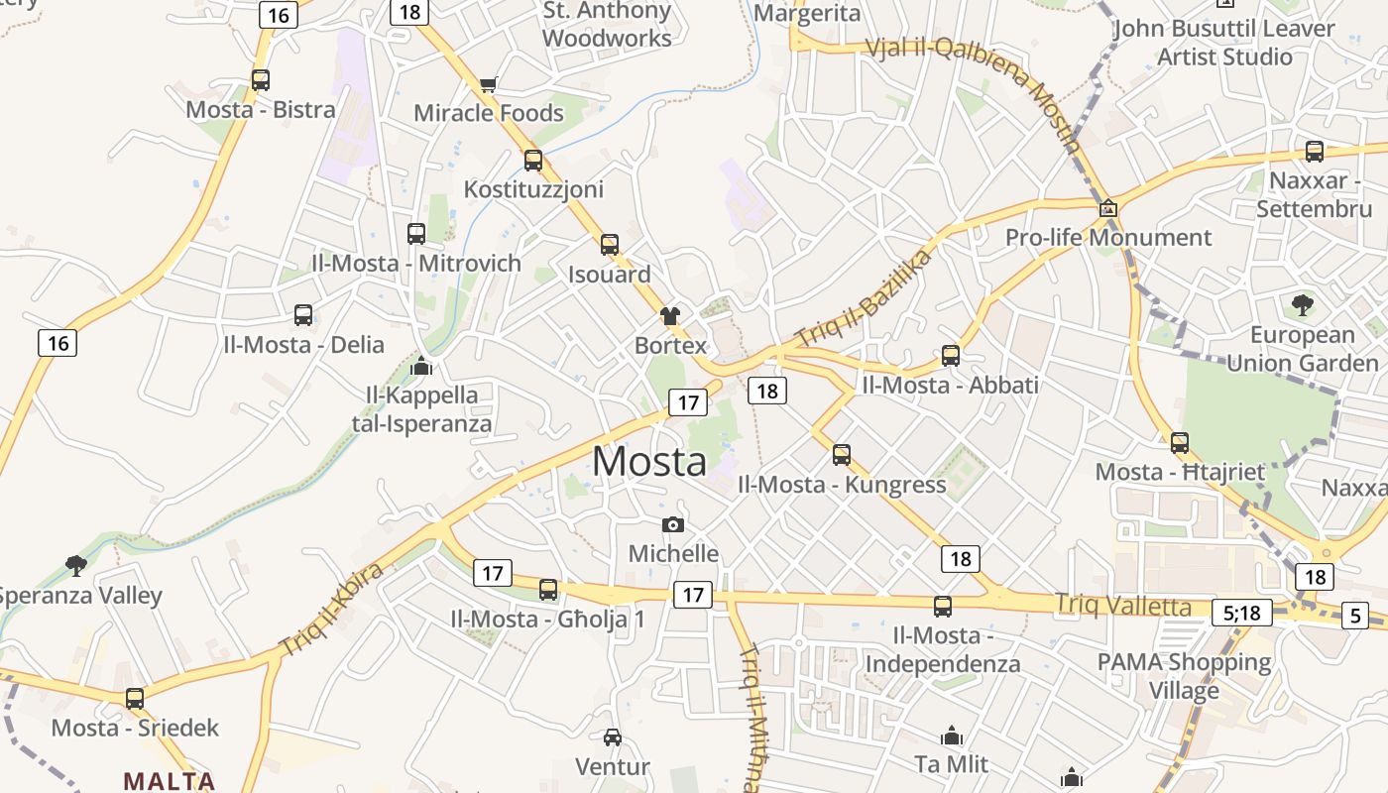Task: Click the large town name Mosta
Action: coord(649,461)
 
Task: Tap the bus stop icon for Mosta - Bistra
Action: coord(261,80)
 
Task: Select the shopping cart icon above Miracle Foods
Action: coord(488,85)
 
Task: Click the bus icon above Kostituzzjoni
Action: coord(533,160)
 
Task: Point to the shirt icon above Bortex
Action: coord(670,316)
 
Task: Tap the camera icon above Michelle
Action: coord(673,524)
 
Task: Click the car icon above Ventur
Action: coord(613,736)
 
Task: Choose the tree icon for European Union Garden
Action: coord(1302,304)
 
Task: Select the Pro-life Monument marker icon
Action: coord(1108,208)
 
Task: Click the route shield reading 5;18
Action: coord(1241,613)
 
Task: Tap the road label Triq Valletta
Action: coord(1122,605)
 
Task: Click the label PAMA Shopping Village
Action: coord(1184,675)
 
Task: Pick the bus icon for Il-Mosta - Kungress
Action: coord(842,455)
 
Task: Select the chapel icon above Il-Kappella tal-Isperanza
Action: coord(421,366)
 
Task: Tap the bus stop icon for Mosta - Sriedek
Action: coord(135,698)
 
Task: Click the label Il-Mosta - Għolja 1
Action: coord(547,620)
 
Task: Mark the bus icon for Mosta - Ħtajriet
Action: coord(1180,442)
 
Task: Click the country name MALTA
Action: coord(169,780)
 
